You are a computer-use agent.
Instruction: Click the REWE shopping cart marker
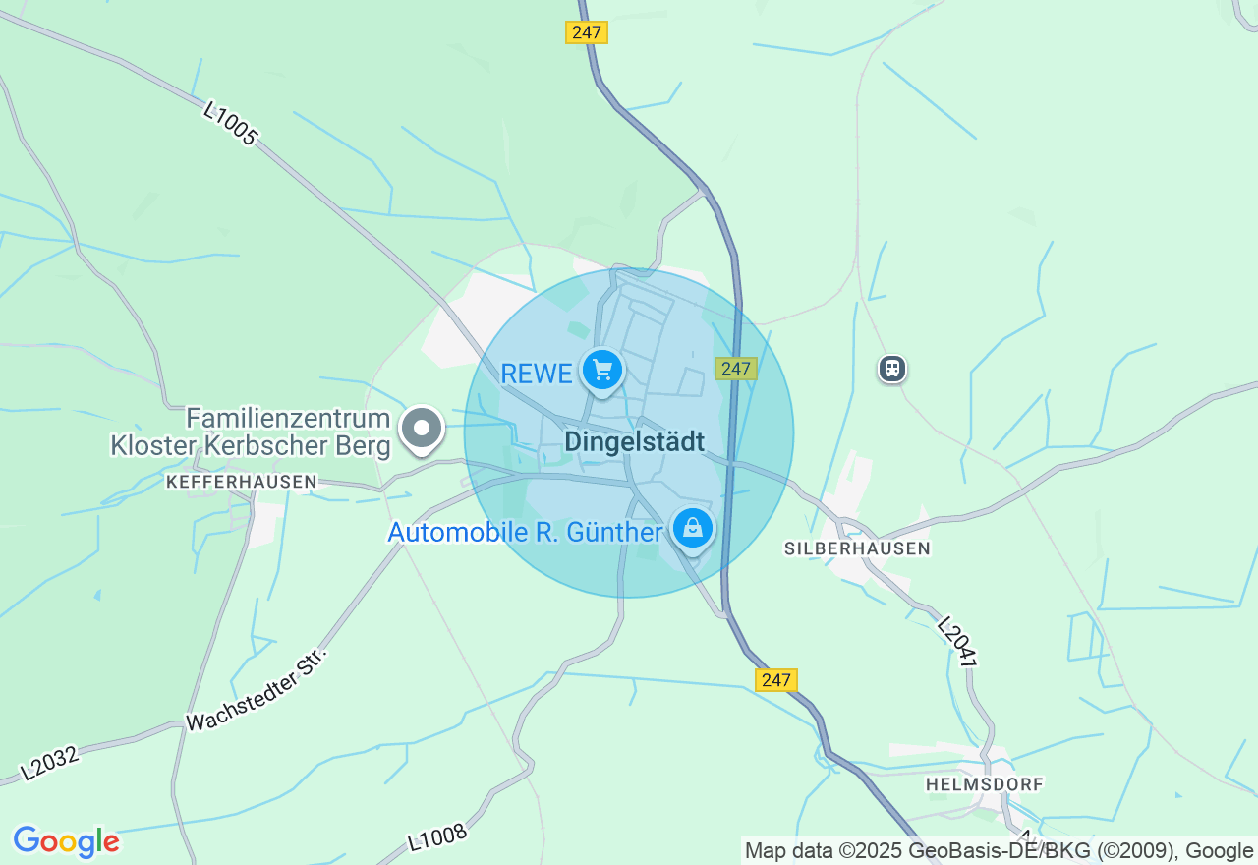(602, 371)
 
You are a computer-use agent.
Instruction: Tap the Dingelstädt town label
(634, 442)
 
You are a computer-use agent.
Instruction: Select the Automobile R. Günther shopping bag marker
(693, 529)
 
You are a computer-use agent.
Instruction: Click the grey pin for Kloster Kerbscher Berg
(424, 429)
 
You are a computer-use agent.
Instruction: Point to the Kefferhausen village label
(242, 482)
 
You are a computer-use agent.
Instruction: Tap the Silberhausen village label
(857, 548)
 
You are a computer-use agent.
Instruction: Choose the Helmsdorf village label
(984, 784)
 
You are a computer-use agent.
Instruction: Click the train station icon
(892, 369)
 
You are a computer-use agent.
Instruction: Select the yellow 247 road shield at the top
(587, 32)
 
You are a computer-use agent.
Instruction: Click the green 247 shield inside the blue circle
(735, 369)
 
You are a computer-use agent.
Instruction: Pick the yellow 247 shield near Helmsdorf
(775, 679)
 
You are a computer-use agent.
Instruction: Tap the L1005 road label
(230, 123)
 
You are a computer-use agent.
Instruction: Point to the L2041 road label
(956, 643)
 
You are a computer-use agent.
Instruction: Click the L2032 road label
(48, 763)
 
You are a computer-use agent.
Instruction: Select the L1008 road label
(437, 836)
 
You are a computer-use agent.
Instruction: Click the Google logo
(66, 842)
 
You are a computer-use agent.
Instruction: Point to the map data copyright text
(999, 851)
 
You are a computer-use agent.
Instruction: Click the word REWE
(537, 374)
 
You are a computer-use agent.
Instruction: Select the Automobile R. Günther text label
(525, 533)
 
